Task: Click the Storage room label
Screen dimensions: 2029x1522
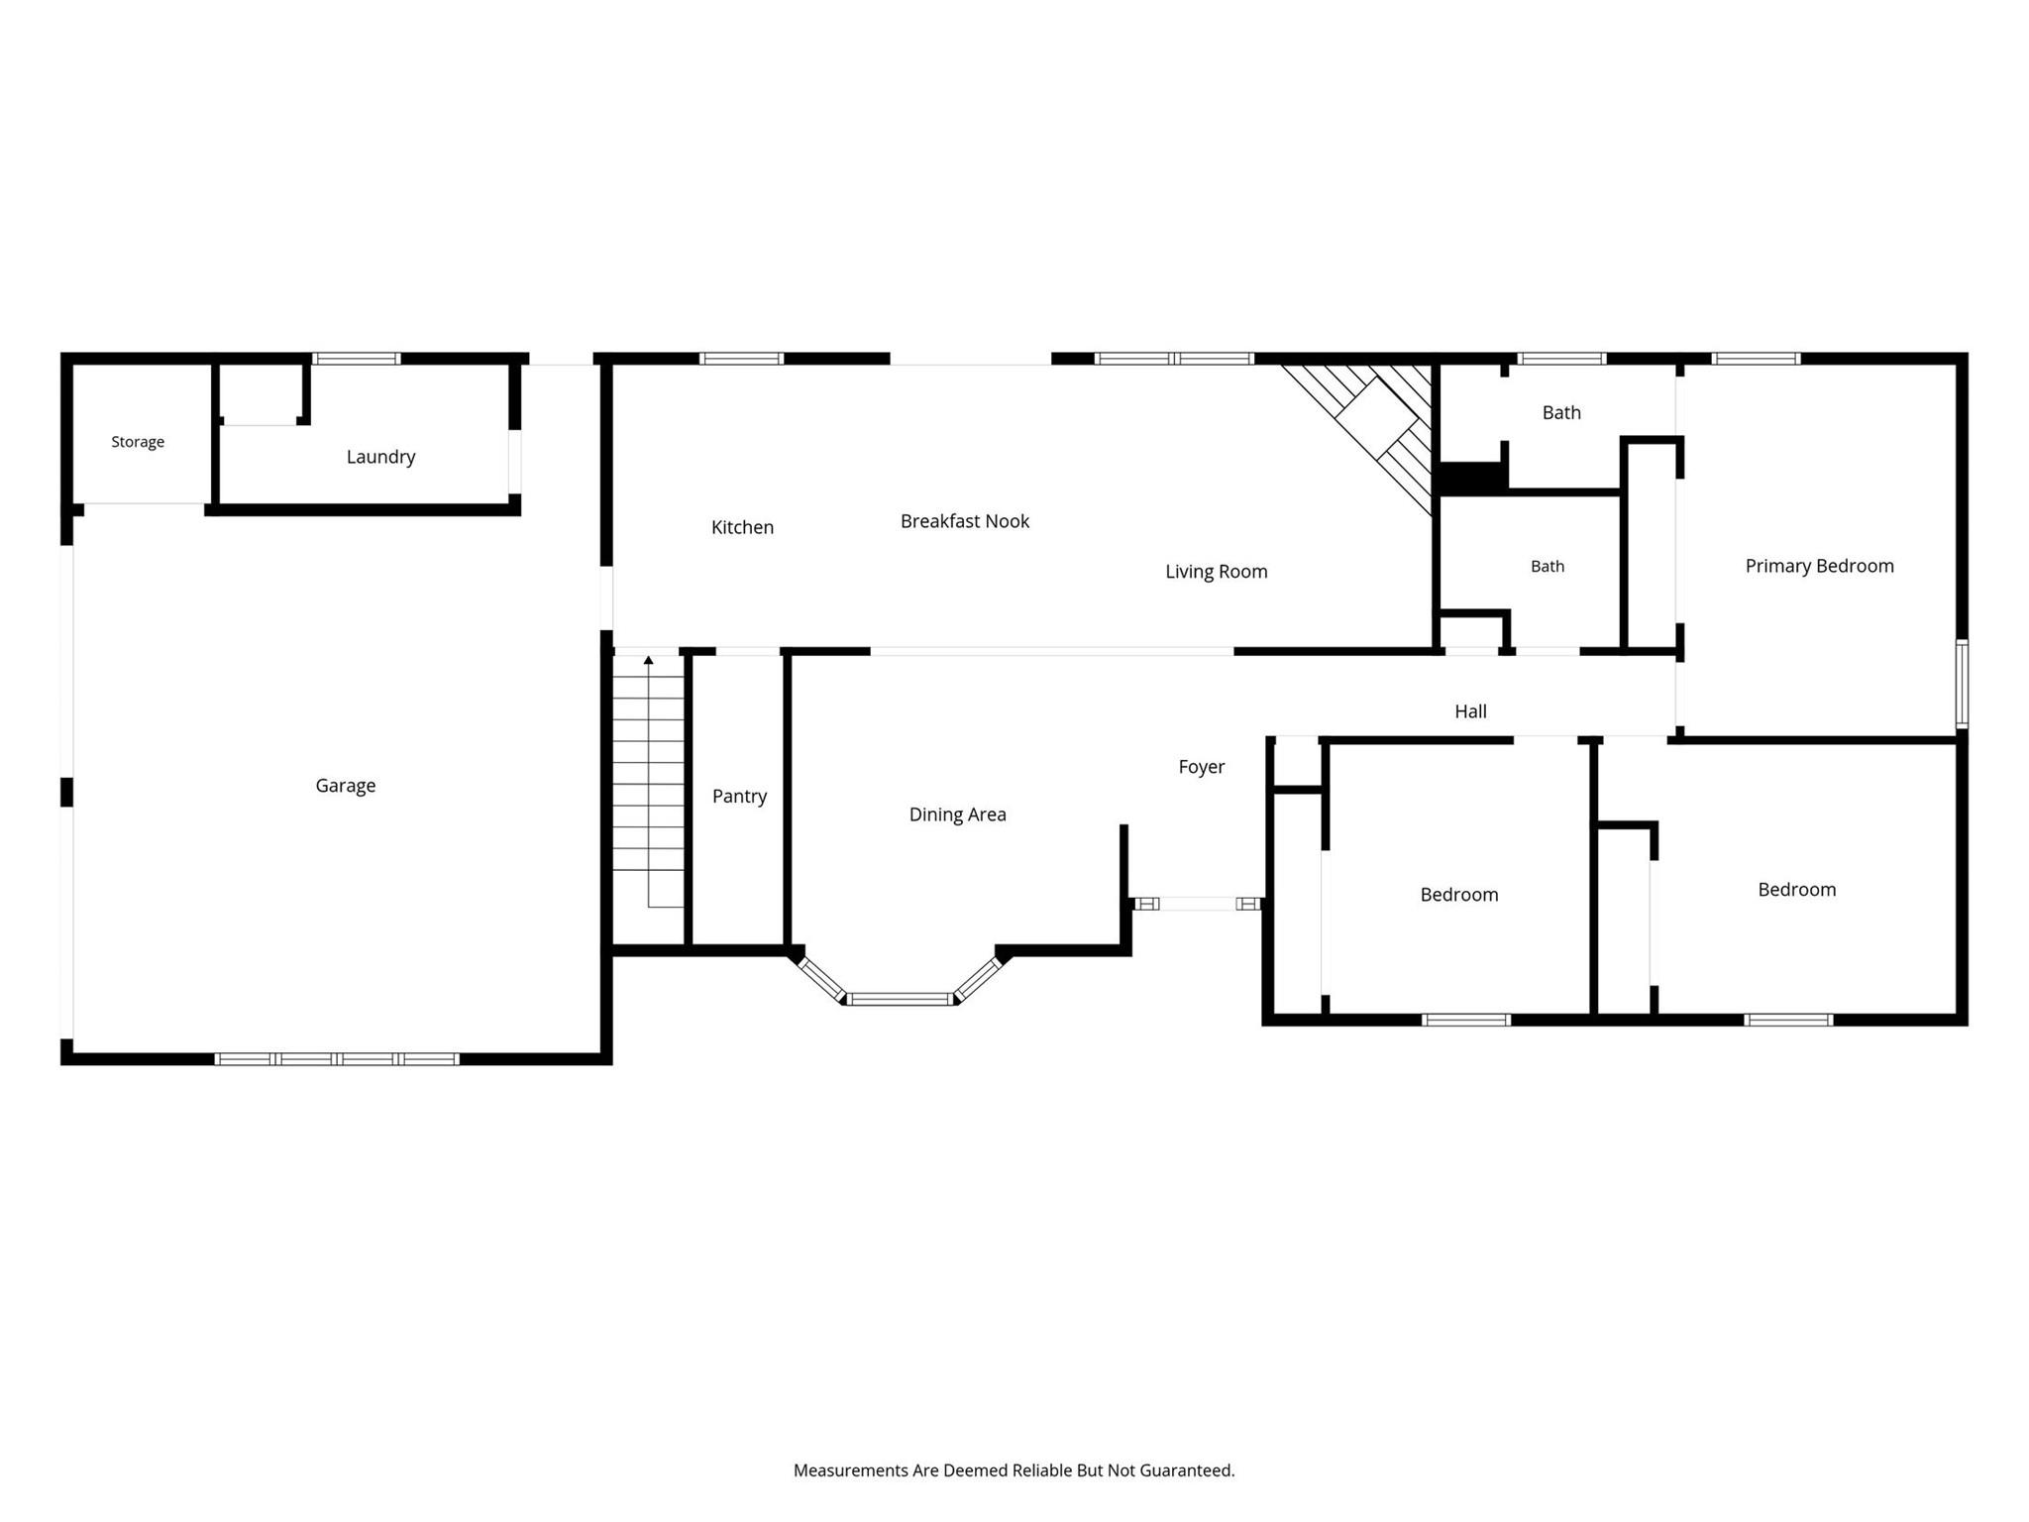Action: click(x=138, y=442)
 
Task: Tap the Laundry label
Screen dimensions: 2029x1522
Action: click(x=380, y=457)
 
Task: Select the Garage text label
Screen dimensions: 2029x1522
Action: click(x=346, y=786)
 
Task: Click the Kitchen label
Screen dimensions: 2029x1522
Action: click(x=742, y=527)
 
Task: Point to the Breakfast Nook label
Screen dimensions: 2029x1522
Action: click(x=965, y=521)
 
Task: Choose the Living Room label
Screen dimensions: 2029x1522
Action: click(x=1217, y=572)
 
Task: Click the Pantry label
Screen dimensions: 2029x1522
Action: click(x=740, y=796)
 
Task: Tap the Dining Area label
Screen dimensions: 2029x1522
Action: click(x=958, y=815)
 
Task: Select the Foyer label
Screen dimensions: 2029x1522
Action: click(x=1202, y=767)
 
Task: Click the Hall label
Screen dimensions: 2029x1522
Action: click(x=1471, y=711)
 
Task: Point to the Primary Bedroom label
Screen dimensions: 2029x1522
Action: click(x=1820, y=566)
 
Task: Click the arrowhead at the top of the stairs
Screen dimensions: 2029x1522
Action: click(x=649, y=659)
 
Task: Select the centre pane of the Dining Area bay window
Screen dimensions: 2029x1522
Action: click(x=901, y=999)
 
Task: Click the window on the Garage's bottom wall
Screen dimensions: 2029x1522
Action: click(x=337, y=1059)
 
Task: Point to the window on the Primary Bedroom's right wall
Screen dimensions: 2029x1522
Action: click(x=1962, y=684)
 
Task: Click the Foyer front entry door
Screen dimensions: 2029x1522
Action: click(x=1198, y=904)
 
